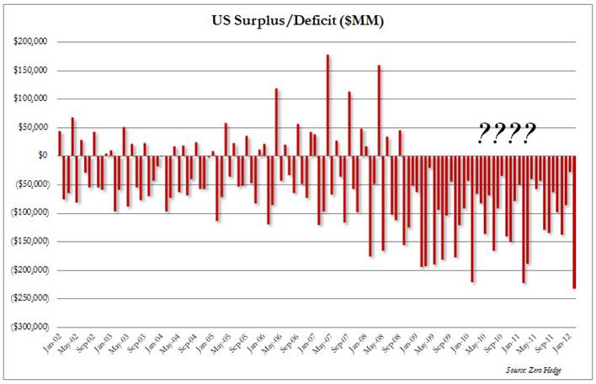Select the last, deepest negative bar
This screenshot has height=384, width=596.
[x=575, y=222]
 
